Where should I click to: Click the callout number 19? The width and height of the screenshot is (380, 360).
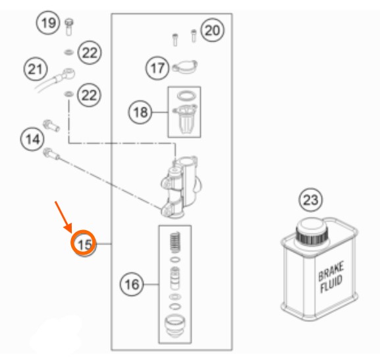[x=48, y=22]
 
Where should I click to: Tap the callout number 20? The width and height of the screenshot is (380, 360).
[x=212, y=30]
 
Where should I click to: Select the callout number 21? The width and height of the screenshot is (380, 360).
[x=36, y=69]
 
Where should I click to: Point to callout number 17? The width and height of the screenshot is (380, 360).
[x=157, y=68]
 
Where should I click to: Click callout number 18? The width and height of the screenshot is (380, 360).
[x=140, y=112]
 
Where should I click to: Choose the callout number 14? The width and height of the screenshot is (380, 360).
[x=32, y=139]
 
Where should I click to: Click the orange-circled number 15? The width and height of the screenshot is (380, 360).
[x=84, y=243]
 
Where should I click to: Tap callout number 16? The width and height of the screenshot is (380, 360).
[x=132, y=284]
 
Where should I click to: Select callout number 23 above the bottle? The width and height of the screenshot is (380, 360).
[x=311, y=200]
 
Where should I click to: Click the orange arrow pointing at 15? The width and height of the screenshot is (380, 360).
[x=63, y=217]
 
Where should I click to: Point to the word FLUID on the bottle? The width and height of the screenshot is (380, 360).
[x=331, y=284]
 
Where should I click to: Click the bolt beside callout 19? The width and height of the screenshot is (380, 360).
[x=69, y=27]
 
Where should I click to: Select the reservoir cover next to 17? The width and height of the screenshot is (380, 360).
[x=184, y=66]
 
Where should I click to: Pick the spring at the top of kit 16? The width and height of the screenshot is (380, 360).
[x=175, y=243]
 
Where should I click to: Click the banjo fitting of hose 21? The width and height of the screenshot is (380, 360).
[x=67, y=73]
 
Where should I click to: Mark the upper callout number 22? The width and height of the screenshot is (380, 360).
[x=90, y=52]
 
